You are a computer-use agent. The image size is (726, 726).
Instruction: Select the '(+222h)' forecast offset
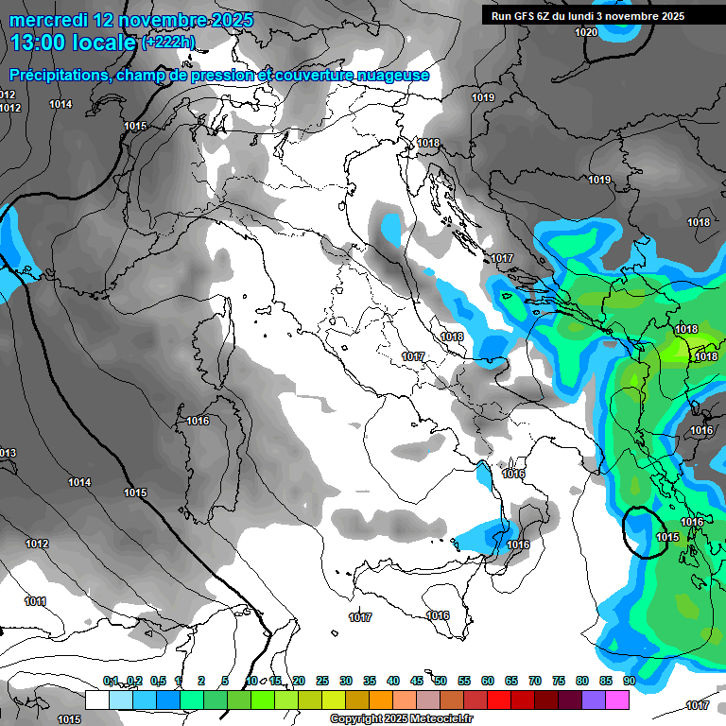(168, 43)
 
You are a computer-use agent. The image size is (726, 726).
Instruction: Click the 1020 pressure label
(586, 32)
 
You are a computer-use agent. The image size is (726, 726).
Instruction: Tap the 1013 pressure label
(7, 454)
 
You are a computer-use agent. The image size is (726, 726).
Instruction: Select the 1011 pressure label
(36, 601)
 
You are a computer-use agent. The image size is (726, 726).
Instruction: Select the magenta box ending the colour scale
(617, 700)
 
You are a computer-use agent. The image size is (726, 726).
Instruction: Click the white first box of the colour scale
(96, 700)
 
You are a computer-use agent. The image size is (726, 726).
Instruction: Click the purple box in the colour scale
(594, 700)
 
